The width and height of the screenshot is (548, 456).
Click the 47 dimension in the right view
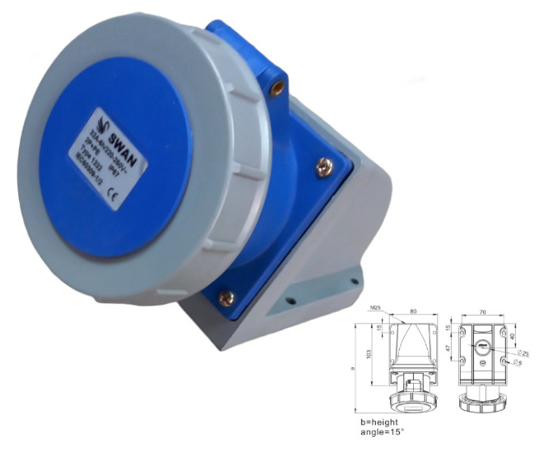click(448, 350)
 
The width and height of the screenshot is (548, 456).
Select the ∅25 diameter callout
click(524, 353)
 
